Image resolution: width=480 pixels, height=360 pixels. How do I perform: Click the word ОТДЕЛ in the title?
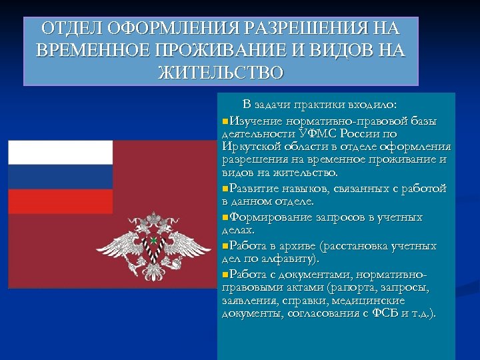pos(67,29)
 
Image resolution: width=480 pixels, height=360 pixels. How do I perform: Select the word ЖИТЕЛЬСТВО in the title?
pos(221,72)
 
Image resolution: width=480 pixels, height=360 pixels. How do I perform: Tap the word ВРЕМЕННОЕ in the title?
pos(90,51)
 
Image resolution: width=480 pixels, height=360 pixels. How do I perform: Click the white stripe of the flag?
pos(60,152)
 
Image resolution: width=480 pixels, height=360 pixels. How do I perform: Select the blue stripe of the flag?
pos(60,177)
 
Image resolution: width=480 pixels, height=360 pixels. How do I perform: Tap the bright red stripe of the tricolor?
pos(60,201)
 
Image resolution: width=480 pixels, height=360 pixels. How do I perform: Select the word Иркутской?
pos(247,147)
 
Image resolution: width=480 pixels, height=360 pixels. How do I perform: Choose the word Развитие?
pos(253,189)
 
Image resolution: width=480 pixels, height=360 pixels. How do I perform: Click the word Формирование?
pos(268,217)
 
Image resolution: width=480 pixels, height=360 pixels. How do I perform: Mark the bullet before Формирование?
pos(224,217)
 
